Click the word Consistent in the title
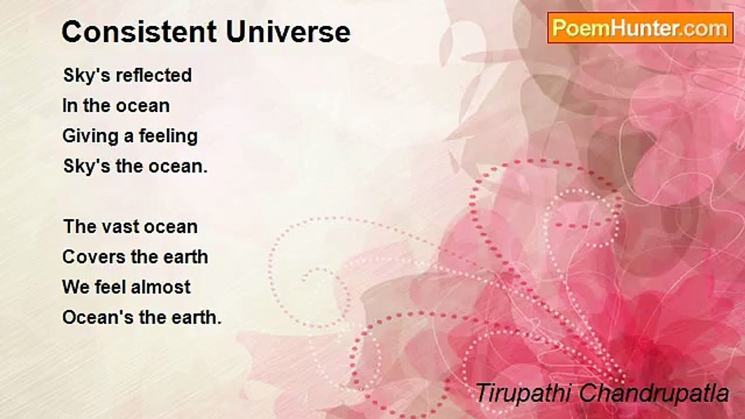pyautogui.click(x=139, y=32)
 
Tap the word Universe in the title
pyautogui.click(x=288, y=32)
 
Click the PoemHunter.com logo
pyautogui.click(x=640, y=28)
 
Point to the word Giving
pyautogui.click(x=90, y=137)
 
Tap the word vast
pyautogui.click(x=120, y=227)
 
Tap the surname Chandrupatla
pyautogui.click(x=654, y=393)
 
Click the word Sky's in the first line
pyautogui.click(x=87, y=76)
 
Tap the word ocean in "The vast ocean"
pyautogui.click(x=171, y=228)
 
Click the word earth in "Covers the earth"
pyautogui.click(x=186, y=257)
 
